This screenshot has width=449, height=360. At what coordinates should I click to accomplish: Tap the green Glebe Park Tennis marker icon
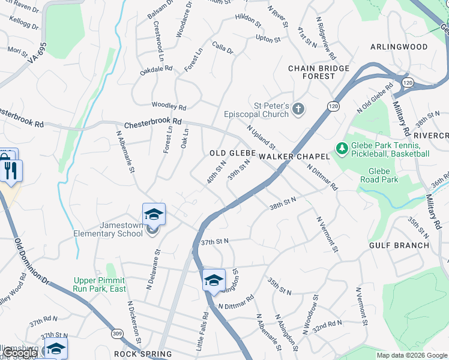pos(342,148)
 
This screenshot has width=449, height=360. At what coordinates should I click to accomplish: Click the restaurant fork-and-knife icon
pos(12,170)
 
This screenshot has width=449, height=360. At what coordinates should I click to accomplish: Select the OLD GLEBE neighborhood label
pos(233,154)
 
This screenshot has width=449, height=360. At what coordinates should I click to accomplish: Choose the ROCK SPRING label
pos(143,354)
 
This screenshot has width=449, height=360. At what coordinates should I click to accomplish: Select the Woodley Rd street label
pos(169,106)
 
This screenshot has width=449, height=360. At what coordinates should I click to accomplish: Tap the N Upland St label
pos(261,137)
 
